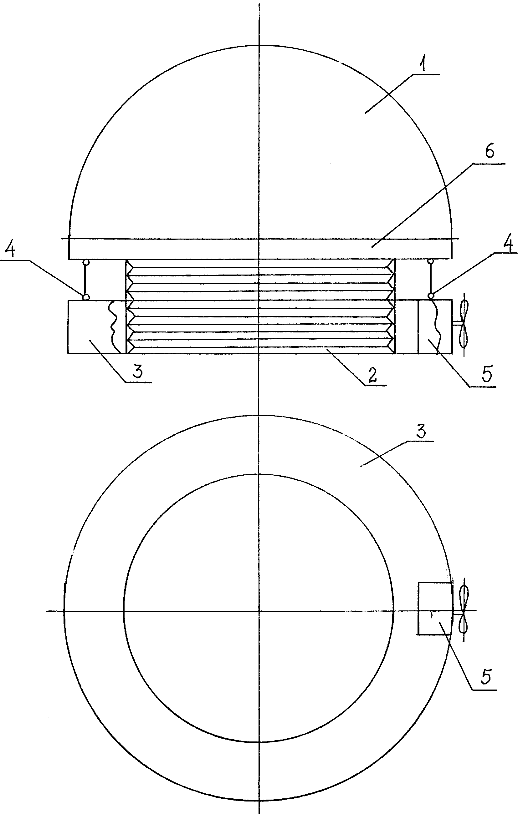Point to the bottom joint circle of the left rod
86,297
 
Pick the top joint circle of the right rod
431,261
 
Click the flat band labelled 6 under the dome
260,249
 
